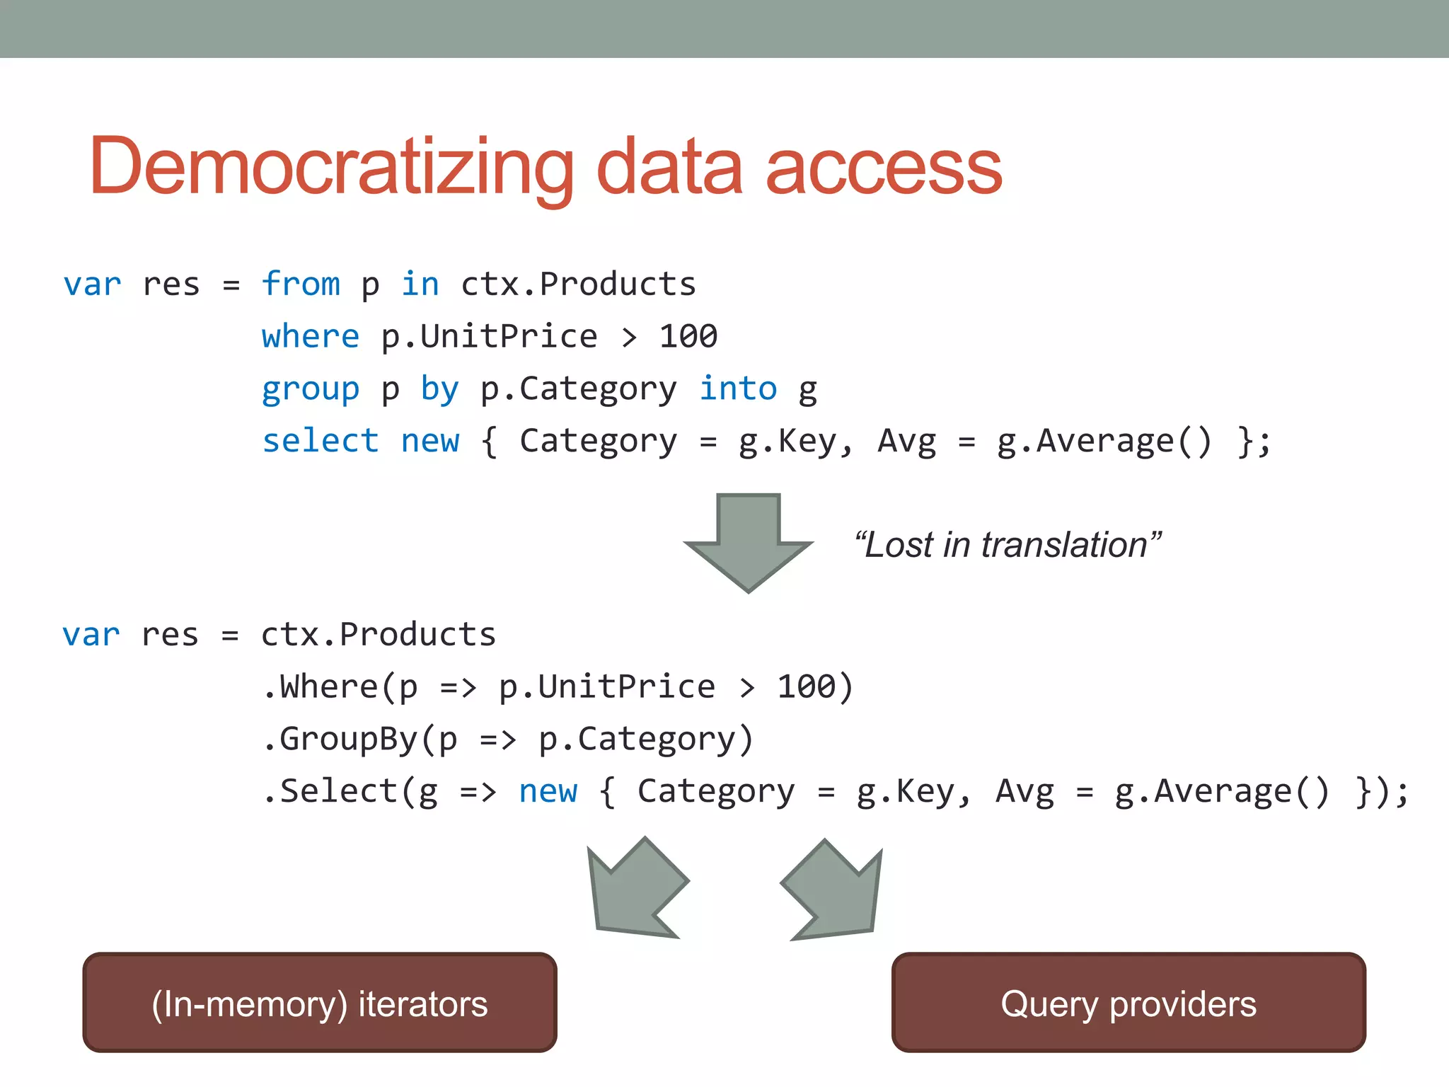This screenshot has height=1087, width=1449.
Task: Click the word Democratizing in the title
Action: point(331,166)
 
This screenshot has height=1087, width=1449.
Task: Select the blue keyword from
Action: point(301,284)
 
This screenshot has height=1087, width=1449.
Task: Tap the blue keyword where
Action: point(310,336)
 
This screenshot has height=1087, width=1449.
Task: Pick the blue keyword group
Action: point(310,389)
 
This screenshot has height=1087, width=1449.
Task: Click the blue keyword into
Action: point(738,389)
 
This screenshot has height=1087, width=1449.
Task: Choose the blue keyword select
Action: point(320,441)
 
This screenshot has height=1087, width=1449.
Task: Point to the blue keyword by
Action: point(439,389)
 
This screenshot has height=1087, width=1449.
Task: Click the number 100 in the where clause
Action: point(688,336)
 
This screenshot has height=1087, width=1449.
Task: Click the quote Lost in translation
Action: point(1008,545)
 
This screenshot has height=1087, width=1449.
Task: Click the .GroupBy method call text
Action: point(340,739)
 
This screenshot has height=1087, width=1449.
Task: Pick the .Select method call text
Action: point(330,791)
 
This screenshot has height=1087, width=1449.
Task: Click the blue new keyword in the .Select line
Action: point(548,791)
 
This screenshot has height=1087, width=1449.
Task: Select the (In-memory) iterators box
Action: point(320,1003)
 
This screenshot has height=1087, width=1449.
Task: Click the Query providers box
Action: point(1128,1003)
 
